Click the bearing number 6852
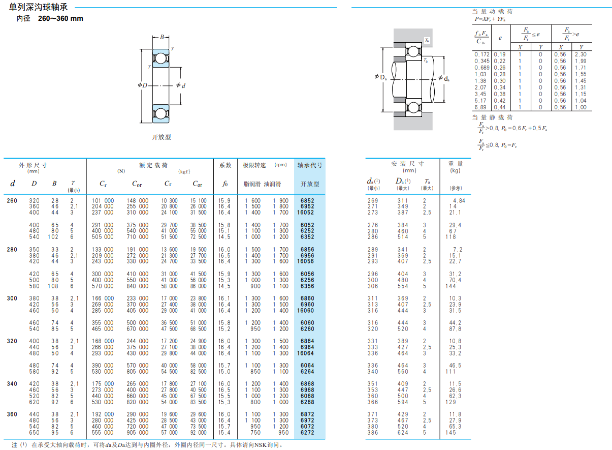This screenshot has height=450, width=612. point(307,201)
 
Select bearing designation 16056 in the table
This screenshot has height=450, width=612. point(305,262)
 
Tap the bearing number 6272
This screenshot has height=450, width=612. point(307,433)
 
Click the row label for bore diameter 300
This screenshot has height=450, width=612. point(12,298)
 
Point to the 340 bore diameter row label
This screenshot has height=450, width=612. point(12,384)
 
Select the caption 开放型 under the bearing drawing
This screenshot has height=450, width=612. point(162,137)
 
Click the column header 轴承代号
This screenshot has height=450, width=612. point(310,165)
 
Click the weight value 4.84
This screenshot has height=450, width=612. point(459,201)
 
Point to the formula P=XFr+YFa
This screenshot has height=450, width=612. point(490,19)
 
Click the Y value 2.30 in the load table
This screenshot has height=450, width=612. point(581,54)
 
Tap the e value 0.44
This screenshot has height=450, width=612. point(500,107)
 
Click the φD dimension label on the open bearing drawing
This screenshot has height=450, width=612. point(143,85)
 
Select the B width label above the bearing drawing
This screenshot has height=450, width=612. point(162,37)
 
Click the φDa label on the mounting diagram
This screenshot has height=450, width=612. point(381,77)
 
